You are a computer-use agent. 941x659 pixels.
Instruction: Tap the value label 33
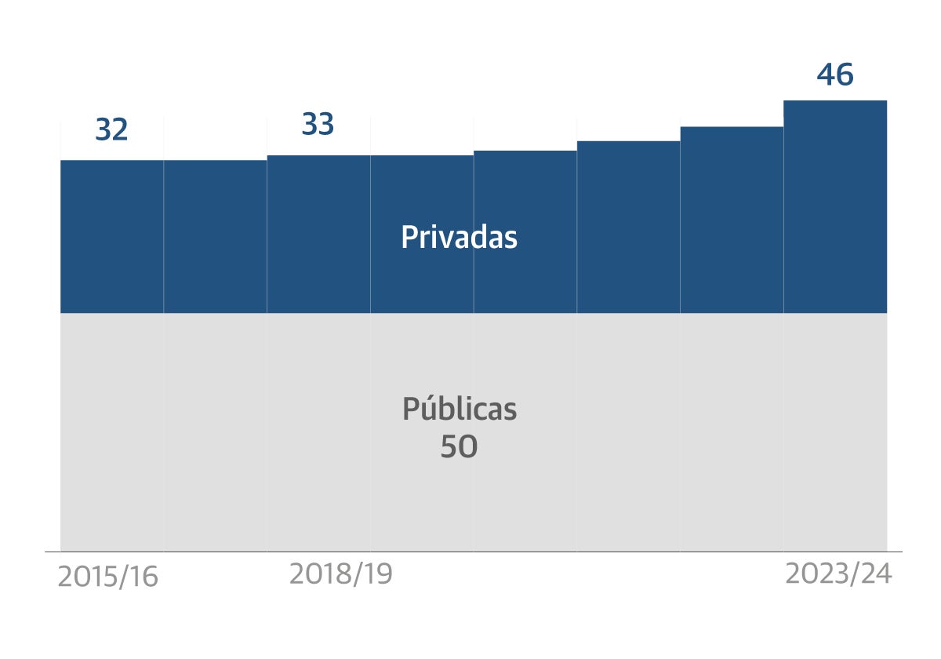click(318, 125)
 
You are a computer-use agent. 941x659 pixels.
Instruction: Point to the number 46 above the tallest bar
click(834, 75)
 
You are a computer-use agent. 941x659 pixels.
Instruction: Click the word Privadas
click(459, 237)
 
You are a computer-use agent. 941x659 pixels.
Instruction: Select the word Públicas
click(460, 410)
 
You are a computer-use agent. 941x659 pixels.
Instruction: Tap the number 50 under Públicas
click(459, 447)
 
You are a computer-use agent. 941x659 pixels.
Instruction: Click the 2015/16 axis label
click(108, 577)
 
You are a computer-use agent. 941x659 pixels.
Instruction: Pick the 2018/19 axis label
click(340, 574)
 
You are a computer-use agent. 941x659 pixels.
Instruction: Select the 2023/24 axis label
click(838, 574)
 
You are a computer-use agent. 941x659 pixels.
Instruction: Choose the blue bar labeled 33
click(318, 235)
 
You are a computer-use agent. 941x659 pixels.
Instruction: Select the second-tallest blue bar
click(732, 220)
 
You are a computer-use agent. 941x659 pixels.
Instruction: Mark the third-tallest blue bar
click(628, 228)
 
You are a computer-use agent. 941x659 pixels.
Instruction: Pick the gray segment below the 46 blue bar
click(835, 432)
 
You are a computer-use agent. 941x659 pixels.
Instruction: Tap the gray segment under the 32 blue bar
click(112, 432)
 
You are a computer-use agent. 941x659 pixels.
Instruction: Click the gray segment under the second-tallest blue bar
click(732, 432)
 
